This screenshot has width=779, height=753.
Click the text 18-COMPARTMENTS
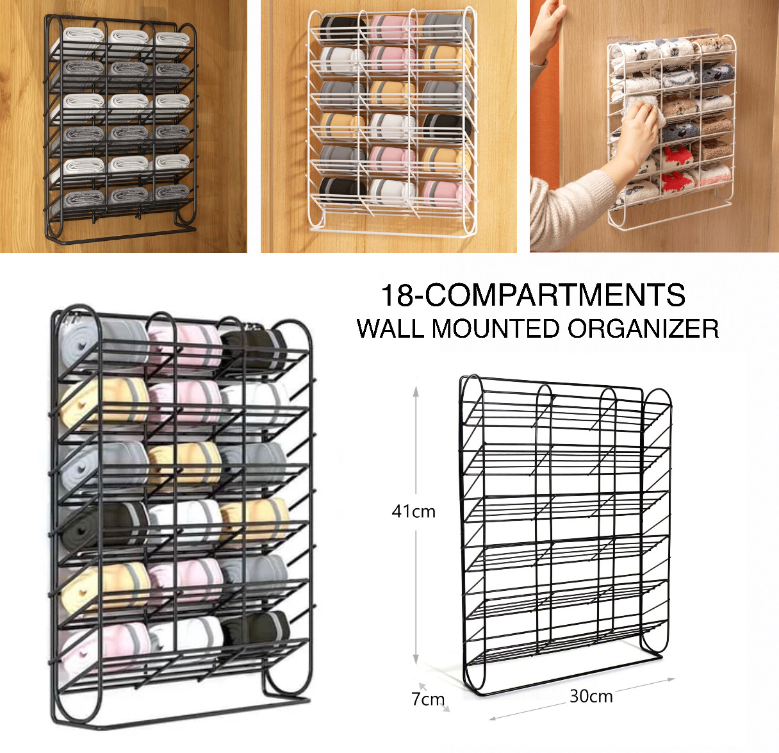pos(533,295)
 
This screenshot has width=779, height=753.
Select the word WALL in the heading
pos(390,329)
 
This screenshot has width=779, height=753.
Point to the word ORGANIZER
pos(643,329)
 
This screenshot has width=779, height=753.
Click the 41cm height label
pos(413,511)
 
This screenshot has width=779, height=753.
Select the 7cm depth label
pos(427,699)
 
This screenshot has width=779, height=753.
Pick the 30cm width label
pos(591,696)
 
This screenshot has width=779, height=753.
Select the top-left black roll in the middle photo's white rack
pos(338,29)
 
